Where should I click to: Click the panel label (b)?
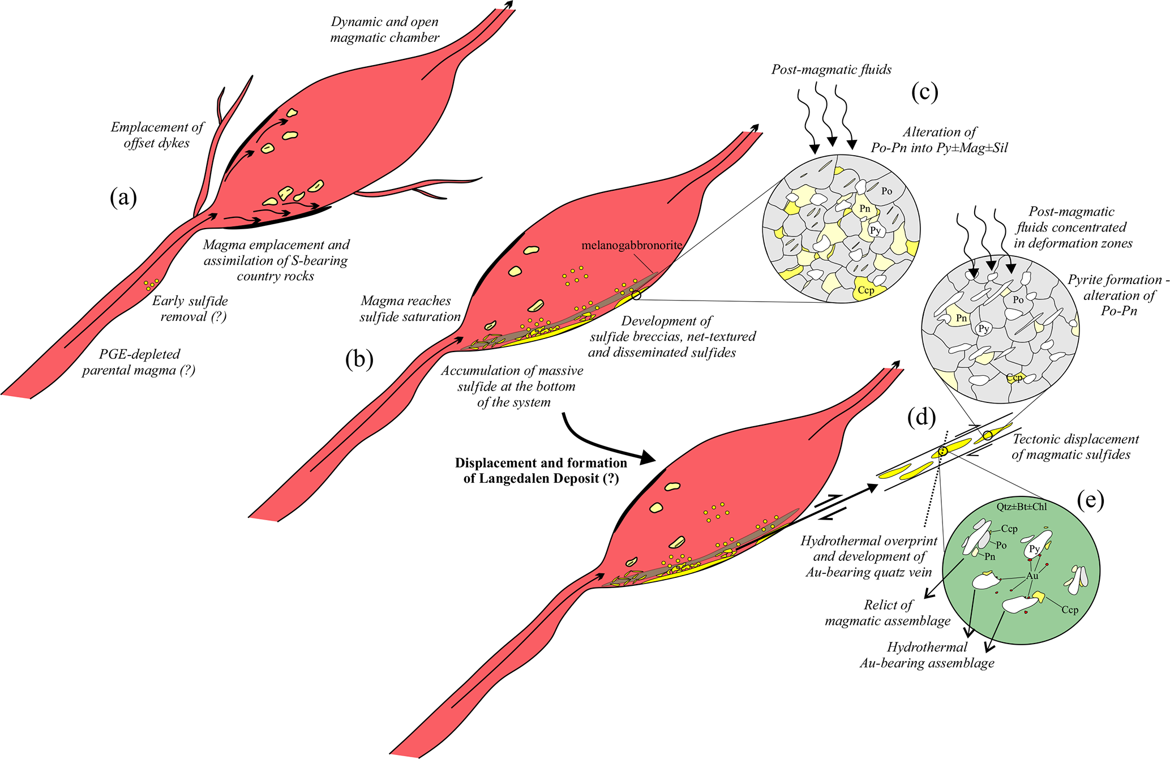coord(359,359)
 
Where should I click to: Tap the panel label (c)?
coord(924,92)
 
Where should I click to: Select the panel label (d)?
coord(921,417)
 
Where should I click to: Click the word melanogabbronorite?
coord(632,246)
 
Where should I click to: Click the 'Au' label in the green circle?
coord(1032,576)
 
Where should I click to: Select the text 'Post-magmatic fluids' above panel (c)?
coord(831,70)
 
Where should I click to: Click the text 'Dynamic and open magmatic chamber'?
coord(385,29)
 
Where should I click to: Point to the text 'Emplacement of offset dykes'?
coord(157,135)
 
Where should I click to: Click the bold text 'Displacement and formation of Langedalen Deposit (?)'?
coord(541,470)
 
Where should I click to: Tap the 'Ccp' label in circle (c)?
coord(866,290)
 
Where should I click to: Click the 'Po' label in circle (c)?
coord(886,191)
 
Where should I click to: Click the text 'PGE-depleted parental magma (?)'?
coord(139,362)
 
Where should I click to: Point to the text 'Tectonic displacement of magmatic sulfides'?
coord(1074,447)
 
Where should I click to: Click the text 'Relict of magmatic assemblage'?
coord(888,613)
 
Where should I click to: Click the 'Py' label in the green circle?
coord(1034,549)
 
